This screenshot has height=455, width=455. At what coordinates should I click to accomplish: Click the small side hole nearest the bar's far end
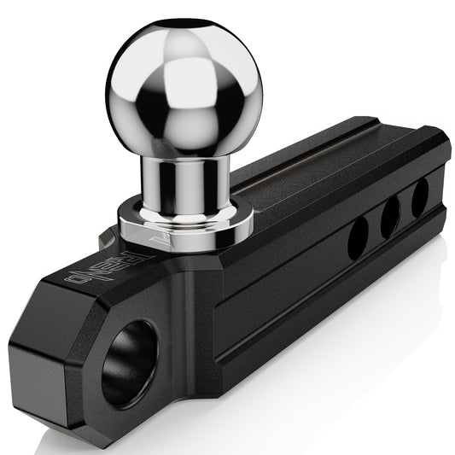tap(420, 199)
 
